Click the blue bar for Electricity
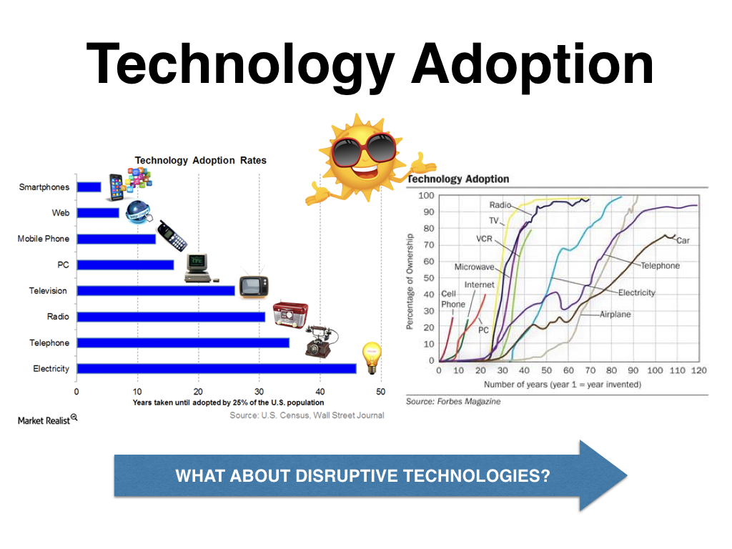coord(217,369)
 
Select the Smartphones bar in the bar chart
coord(89,187)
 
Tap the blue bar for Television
coord(156,291)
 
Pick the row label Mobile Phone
coord(44,239)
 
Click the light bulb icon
coord(372,357)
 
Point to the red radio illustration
coord(290,315)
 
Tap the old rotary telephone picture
coord(321,341)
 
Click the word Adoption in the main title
coord(532,65)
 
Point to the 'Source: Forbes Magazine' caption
coord(452,402)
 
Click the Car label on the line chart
coord(683,240)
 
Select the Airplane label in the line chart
coord(615,315)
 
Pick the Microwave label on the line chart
coord(475,267)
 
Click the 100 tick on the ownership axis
coord(426,196)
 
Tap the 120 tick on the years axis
coord(699,370)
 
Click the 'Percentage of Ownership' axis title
coord(410,282)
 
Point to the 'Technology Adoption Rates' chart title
coord(201,161)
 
